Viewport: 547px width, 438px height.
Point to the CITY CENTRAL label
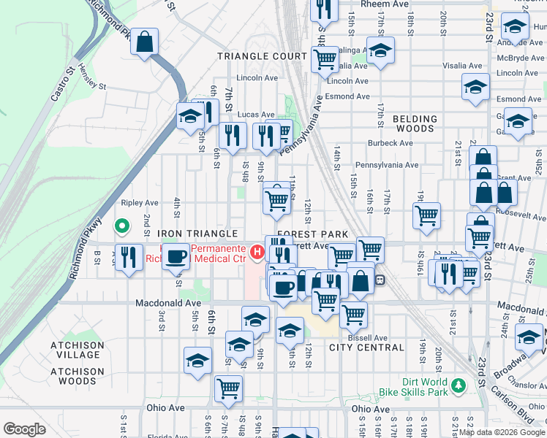tap(366, 347)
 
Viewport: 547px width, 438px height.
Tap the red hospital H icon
tap(257, 253)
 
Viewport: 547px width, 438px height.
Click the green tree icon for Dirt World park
tap(459, 384)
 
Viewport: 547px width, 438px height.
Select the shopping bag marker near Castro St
tap(146, 42)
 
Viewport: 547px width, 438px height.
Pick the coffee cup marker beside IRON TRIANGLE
tap(176, 256)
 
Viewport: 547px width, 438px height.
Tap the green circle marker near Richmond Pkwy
tap(123, 226)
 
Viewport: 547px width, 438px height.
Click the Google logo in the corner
tap(24, 429)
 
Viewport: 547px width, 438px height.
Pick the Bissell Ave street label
tap(369, 338)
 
